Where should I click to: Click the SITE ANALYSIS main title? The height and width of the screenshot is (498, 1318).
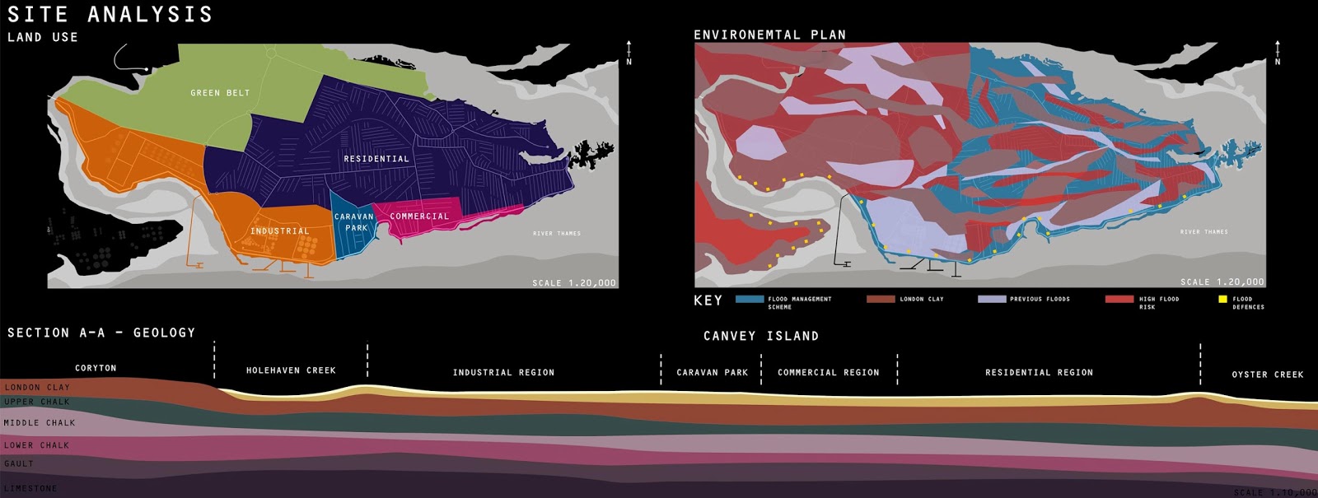110,14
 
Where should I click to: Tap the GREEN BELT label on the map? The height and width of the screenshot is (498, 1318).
220,93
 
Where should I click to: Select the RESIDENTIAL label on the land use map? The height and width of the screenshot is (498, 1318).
376,159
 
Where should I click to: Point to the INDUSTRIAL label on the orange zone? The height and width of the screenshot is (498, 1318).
280,231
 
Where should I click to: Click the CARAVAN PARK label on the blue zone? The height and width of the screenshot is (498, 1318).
354,222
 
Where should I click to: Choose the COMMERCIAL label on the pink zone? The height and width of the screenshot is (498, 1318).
419,216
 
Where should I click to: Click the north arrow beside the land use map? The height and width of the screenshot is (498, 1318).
629,51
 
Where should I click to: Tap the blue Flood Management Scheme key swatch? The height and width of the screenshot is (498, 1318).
749,299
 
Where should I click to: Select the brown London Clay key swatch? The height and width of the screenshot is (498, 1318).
880,299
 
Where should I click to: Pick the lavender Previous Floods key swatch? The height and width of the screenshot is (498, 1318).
992,299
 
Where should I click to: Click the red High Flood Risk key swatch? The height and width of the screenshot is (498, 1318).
1119,299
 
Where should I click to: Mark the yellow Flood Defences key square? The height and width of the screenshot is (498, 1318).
1222,299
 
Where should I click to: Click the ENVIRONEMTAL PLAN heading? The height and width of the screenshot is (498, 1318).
769,35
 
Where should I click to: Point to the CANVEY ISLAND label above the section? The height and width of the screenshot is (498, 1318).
761,336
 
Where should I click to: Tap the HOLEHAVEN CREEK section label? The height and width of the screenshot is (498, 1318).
291,370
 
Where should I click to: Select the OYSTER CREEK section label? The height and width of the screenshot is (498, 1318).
1267,375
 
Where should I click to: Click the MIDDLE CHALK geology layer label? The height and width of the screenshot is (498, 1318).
40,423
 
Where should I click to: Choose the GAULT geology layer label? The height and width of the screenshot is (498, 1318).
19,463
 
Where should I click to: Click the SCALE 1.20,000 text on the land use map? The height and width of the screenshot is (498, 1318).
573,283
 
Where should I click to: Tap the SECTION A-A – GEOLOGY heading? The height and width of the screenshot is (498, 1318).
101,333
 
